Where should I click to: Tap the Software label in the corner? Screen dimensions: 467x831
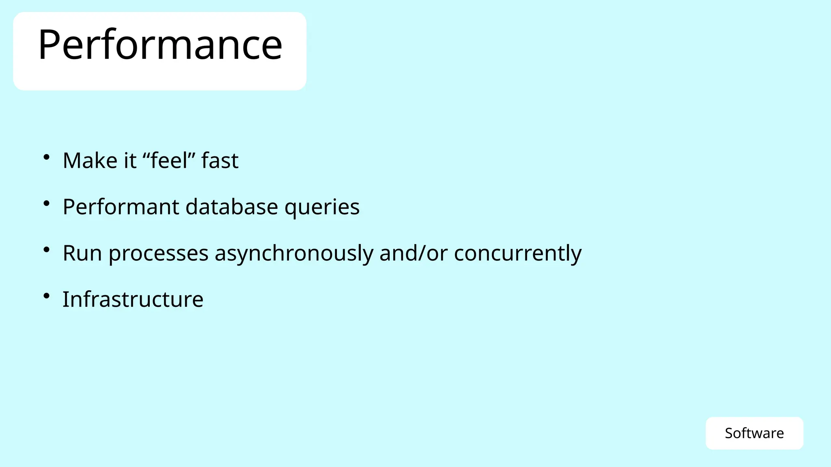(x=754, y=433)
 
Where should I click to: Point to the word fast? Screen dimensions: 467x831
(x=220, y=161)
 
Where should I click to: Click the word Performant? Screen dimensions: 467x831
(x=121, y=207)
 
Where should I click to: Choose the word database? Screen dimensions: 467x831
(x=232, y=207)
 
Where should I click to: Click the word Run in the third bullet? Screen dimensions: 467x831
(x=82, y=253)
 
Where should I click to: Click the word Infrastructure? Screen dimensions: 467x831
(x=133, y=300)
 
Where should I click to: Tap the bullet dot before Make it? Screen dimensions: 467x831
(x=47, y=157)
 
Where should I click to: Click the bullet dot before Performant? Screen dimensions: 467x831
(x=47, y=203)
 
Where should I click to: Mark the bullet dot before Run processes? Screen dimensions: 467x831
(x=47, y=249)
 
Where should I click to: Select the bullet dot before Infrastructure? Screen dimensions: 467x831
(x=47, y=296)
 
